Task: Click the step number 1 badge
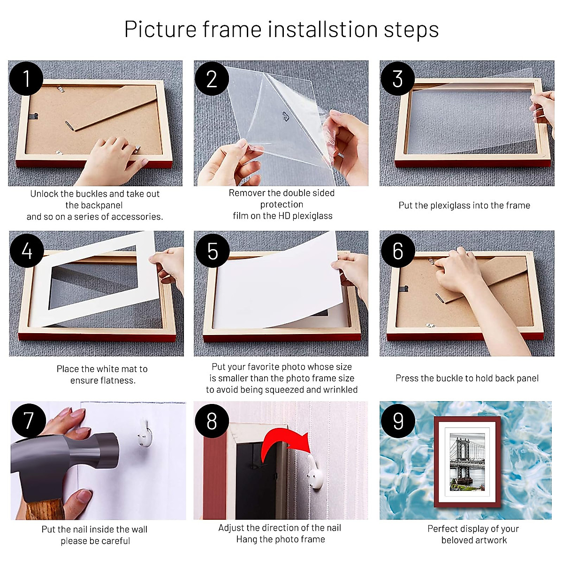[x=26, y=78]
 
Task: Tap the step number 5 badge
[x=212, y=251]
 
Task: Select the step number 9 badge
[x=398, y=420]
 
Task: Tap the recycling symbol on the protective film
[x=285, y=116]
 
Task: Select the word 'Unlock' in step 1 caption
[x=44, y=194]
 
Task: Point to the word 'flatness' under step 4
[x=116, y=380]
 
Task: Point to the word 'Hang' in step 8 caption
[x=246, y=540]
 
